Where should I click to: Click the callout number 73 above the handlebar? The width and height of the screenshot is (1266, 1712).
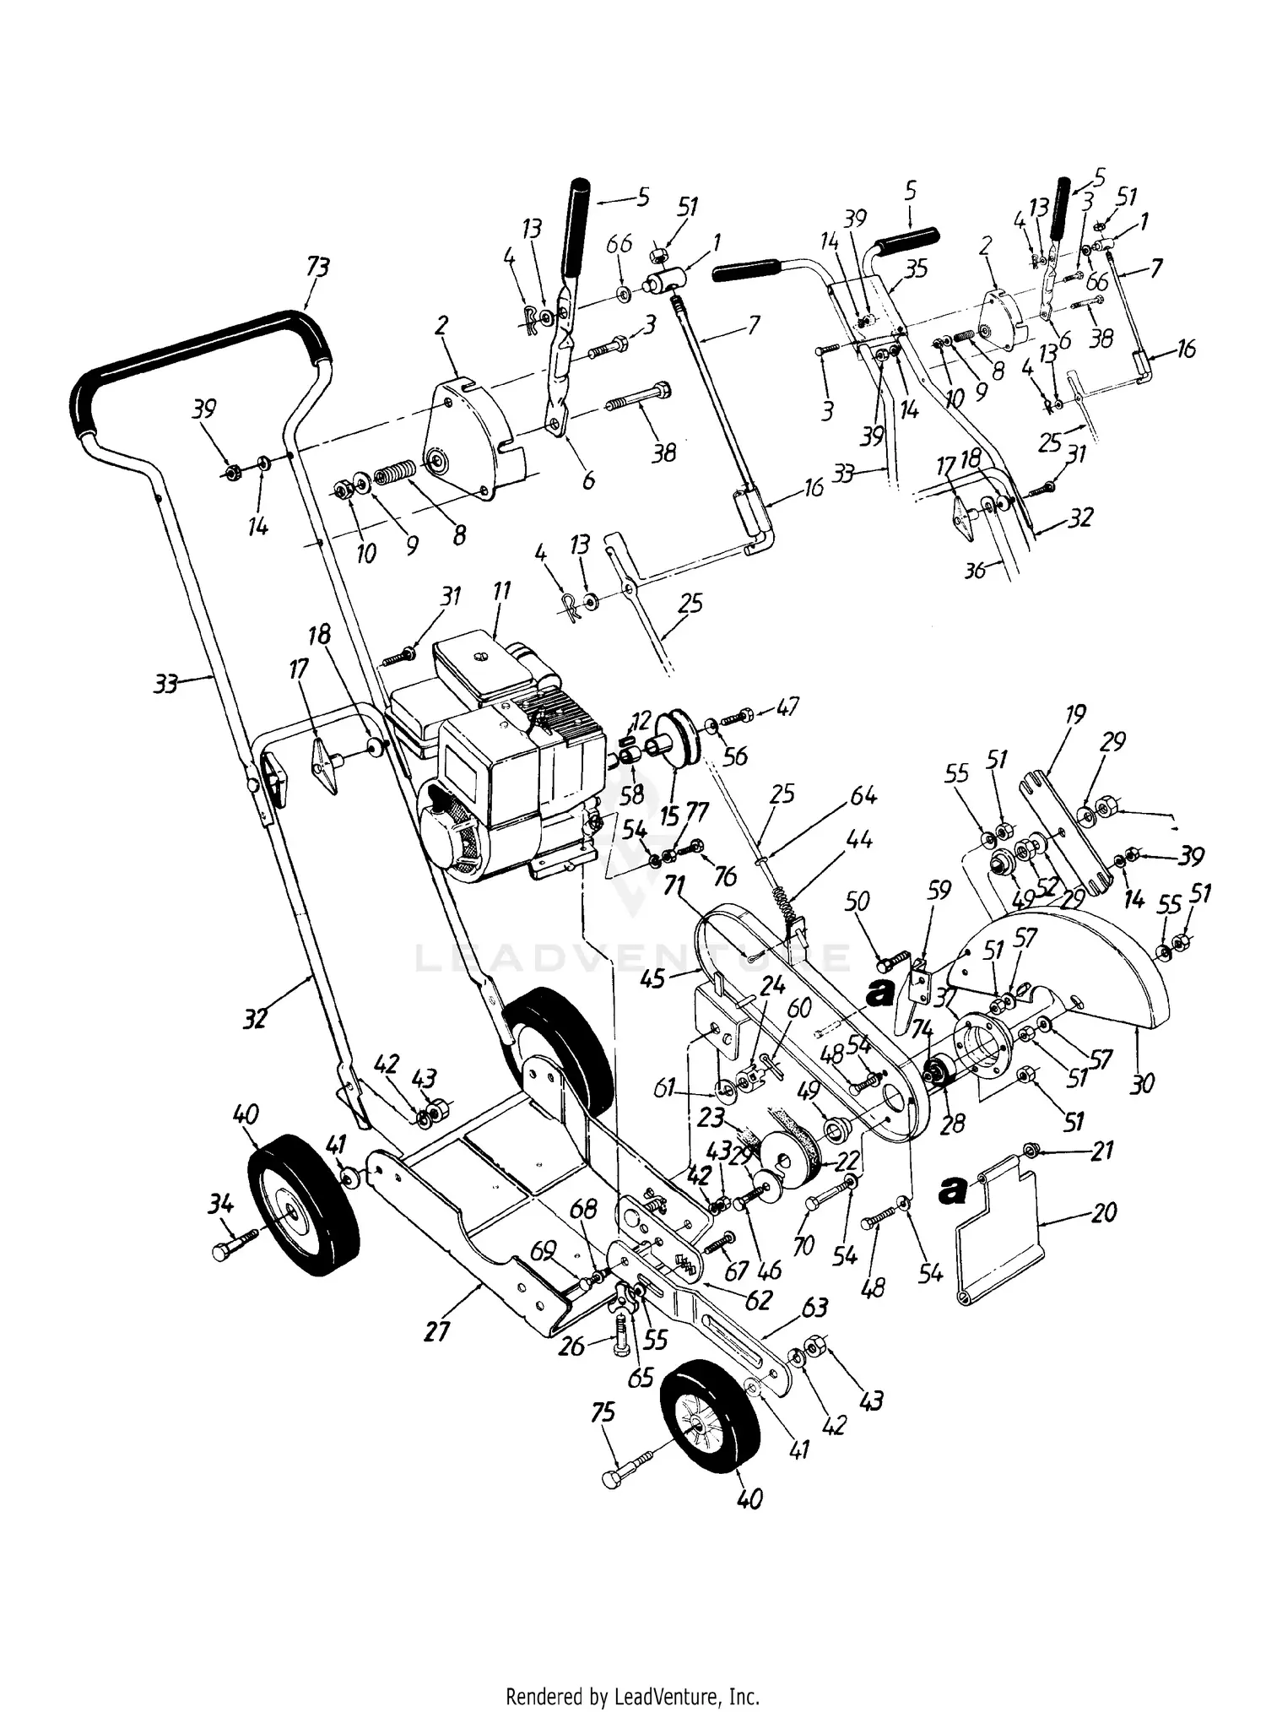pos(317,268)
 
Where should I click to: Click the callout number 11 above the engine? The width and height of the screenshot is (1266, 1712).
pos(501,591)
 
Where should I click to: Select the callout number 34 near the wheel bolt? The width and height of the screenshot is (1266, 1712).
pos(221,1205)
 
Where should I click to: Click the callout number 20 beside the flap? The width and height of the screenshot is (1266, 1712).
pos(1103,1213)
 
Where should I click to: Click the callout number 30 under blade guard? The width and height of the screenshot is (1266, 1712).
pos(1141,1082)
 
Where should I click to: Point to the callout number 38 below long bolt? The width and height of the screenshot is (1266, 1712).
pos(664,452)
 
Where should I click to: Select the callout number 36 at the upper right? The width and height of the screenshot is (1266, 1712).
pos(975,571)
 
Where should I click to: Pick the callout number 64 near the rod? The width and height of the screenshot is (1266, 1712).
pos(863,796)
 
